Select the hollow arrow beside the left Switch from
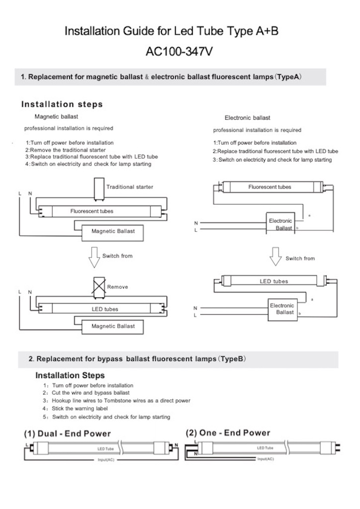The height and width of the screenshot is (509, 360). point(94,257)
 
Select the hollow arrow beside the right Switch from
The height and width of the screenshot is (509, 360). point(276,257)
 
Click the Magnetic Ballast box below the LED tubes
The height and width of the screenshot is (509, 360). point(113,326)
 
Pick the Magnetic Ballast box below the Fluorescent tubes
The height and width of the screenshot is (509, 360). point(113,231)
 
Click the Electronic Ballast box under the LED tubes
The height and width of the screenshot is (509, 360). point(282,309)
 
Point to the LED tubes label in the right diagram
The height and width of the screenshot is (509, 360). point(274,282)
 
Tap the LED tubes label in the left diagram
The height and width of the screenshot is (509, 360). point(102,309)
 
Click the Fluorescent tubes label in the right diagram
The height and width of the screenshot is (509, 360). point(270,187)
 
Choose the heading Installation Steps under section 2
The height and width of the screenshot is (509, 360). point(70,375)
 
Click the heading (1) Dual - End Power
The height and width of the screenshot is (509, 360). point(67,433)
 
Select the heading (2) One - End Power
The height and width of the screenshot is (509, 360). point(228,433)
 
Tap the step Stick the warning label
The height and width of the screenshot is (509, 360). point(80,409)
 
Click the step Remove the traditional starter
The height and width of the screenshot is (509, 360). point(66,150)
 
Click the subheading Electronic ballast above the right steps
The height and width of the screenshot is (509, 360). point(247,118)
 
